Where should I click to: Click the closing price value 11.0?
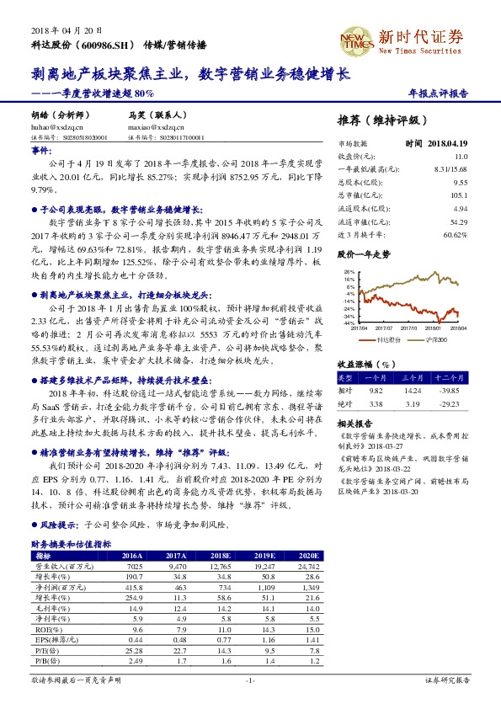461,157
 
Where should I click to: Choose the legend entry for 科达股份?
389,339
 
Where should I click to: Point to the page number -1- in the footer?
250,680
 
